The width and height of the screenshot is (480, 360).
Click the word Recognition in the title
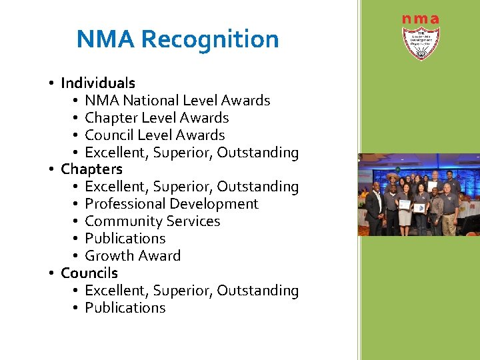[209, 40]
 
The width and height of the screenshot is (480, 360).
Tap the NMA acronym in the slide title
[106, 39]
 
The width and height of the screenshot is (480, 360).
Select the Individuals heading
[98, 83]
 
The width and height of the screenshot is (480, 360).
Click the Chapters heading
[91, 169]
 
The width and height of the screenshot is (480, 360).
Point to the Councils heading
[89, 273]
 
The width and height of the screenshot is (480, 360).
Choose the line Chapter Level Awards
[157, 118]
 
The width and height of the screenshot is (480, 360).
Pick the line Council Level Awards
[155, 135]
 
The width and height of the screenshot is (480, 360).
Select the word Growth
[109, 256]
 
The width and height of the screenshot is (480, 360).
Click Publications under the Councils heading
[125, 308]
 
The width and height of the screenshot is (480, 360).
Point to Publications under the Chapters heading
[125, 239]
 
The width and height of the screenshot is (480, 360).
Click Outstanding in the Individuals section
[258, 153]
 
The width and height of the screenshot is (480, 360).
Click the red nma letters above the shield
[420, 19]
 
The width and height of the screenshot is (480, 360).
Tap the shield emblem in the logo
[421, 43]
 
